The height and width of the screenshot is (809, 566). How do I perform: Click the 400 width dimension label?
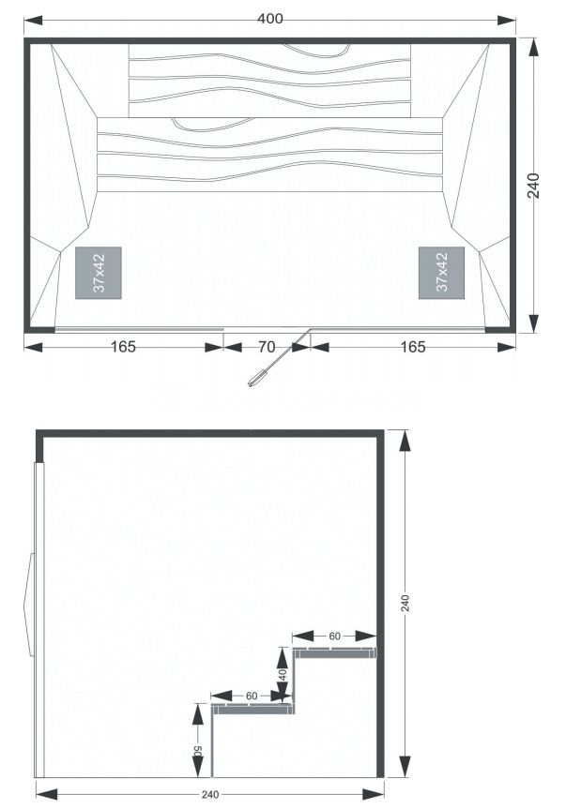point(270,19)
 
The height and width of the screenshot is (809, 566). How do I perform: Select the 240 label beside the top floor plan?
point(534,186)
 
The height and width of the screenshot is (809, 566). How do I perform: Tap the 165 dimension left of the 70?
point(123,347)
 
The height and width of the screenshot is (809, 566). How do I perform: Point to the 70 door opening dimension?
point(267,347)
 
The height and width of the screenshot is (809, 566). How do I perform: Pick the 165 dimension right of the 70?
point(413,347)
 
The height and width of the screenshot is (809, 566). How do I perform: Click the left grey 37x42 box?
point(99,273)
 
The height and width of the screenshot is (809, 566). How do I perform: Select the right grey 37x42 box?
point(441,273)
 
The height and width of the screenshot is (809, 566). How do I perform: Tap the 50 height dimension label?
point(198,751)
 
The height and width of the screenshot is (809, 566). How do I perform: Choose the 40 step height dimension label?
point(282,674)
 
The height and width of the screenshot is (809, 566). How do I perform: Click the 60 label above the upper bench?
point(335,637)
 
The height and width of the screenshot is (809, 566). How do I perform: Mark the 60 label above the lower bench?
point(252,696)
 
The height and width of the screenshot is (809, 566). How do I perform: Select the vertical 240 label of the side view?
point(405,603)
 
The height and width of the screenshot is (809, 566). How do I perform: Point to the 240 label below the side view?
point(210,795)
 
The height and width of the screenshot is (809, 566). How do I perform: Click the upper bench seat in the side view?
point(335,652)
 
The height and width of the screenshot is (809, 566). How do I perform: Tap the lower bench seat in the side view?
point(253,709)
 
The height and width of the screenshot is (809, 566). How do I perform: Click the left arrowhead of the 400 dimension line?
point(33,20)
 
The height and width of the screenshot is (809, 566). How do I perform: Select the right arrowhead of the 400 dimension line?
point(506,20)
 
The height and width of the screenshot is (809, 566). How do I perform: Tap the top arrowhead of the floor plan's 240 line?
point(534,48)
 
